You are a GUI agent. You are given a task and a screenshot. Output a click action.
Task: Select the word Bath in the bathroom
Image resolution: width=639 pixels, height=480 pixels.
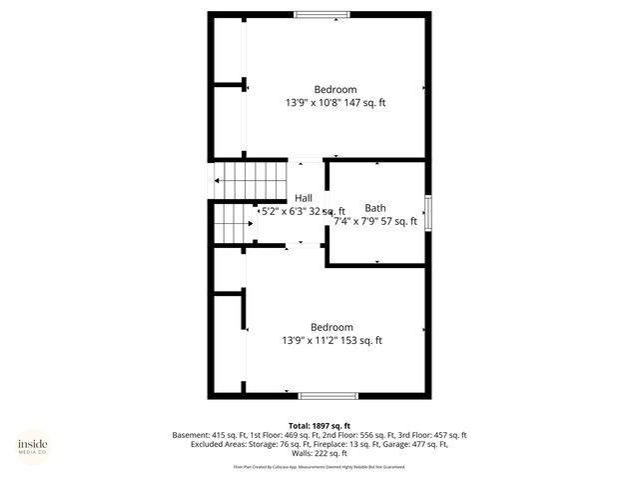(375, 208)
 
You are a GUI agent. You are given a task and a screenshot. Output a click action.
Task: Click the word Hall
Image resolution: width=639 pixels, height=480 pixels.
(304, 198)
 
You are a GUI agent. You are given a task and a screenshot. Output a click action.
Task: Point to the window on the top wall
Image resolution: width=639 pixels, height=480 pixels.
(321, 14)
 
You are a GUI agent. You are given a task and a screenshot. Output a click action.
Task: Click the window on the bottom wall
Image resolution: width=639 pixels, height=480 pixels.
(328, 395)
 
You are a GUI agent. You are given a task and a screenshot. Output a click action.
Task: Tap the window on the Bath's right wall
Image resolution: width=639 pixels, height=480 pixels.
(428, 212)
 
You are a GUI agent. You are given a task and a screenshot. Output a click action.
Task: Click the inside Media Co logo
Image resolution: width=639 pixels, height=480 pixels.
(32, 446)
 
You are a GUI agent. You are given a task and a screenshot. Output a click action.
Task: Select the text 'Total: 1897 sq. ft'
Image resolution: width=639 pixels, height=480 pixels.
(319, 425)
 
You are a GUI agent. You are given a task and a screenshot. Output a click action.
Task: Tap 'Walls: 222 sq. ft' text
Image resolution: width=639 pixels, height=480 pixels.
(319, 455)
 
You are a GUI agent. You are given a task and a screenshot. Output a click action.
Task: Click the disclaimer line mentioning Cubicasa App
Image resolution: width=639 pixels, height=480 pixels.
(319, 467)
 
